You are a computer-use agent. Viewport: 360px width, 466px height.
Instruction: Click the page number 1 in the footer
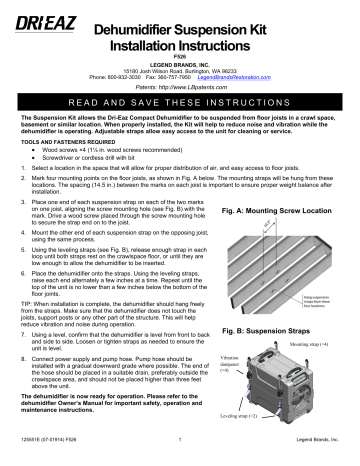177,457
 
